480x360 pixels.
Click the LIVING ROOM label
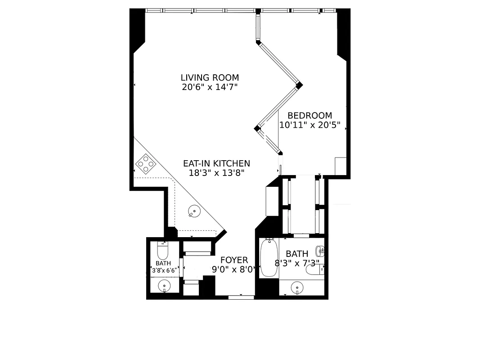pos(210,77)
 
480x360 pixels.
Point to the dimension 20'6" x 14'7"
pos(210,87)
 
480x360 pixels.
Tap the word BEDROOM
pos(310,116)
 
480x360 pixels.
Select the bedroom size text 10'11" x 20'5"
pos(310,125)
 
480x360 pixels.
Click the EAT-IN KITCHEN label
pos(216,163)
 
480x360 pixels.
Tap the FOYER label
pos(234,260)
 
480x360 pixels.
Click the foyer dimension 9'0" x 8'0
pos(233,270)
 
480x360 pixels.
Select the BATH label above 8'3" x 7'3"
pos(297,254)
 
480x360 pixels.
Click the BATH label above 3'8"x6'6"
pos(163,263)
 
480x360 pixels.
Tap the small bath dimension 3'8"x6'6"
pos(163,270)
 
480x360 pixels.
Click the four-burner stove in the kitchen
pos(146,164)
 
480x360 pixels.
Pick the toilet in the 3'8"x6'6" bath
pos(162,249)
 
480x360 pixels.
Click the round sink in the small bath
pos(164,285)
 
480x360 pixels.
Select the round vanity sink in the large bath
pos(297,287)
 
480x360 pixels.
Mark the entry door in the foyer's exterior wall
pos(241,296)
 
